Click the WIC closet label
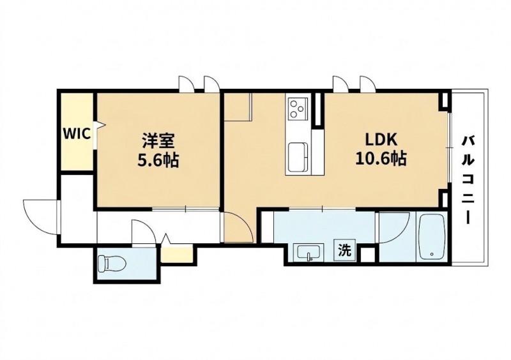pyautogui.click(x=77, y=133)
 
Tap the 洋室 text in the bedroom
pyautogui.click(x=158, y=142)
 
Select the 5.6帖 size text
pyautogui.click(x=158, y=160)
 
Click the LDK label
pyautogui.click(x=381, y=140)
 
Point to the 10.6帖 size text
pyautogui.click(x=381, y=159)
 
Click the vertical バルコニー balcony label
pyautogui.click(x=468, y=180)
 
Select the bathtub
pyautogui.click(x=432, y=237)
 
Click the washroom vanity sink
pyautogui.click(x=309, y=252)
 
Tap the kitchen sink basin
pyautogui.click(x=298, y=158)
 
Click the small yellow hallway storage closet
pyautogui.click(x=176, y=255)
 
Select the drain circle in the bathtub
pyautogui.click(x=432, y=254)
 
